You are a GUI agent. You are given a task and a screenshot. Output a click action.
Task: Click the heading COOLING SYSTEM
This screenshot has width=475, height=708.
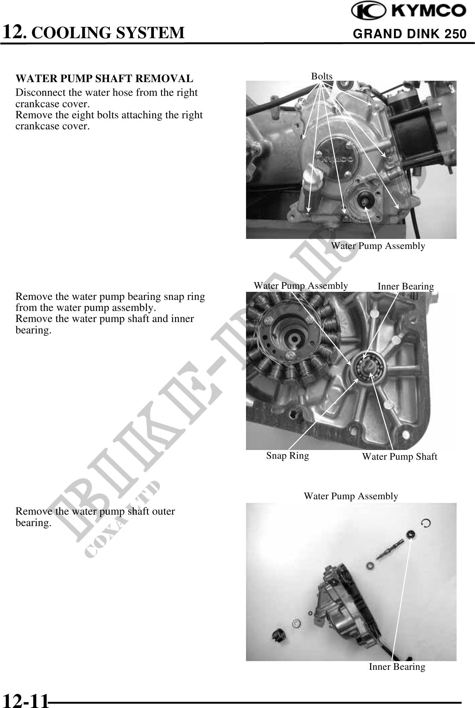[107, 33]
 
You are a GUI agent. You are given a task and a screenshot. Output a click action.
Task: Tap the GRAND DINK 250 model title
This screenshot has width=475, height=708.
[410, 34]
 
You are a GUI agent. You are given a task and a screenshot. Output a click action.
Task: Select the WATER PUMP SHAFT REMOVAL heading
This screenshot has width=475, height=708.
[104, 79]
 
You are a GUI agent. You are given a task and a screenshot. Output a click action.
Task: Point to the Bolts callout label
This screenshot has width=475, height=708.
[322, 76]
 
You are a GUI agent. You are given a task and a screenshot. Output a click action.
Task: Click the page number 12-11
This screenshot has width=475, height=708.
[25, 700]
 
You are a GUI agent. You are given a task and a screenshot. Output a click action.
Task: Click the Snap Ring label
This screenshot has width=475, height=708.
[288, 456]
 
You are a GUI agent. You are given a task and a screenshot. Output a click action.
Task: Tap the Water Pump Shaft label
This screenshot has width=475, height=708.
[400, 456]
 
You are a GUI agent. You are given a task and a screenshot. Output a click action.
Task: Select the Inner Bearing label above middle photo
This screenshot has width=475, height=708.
[406, 286]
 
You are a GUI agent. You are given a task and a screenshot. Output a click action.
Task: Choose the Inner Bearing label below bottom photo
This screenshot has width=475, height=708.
[397, 667]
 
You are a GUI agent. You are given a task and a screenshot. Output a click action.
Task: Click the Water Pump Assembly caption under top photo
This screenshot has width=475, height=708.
[378, 246]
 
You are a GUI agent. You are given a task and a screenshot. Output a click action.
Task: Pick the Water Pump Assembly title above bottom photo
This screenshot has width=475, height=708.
[351, 496]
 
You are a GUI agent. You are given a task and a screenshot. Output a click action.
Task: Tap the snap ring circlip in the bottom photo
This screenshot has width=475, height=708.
[425, 523]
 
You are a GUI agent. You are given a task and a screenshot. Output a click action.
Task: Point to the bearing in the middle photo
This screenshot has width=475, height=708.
[369, 367]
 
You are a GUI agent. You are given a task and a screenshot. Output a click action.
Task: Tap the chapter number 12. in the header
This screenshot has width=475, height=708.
[14, 32]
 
